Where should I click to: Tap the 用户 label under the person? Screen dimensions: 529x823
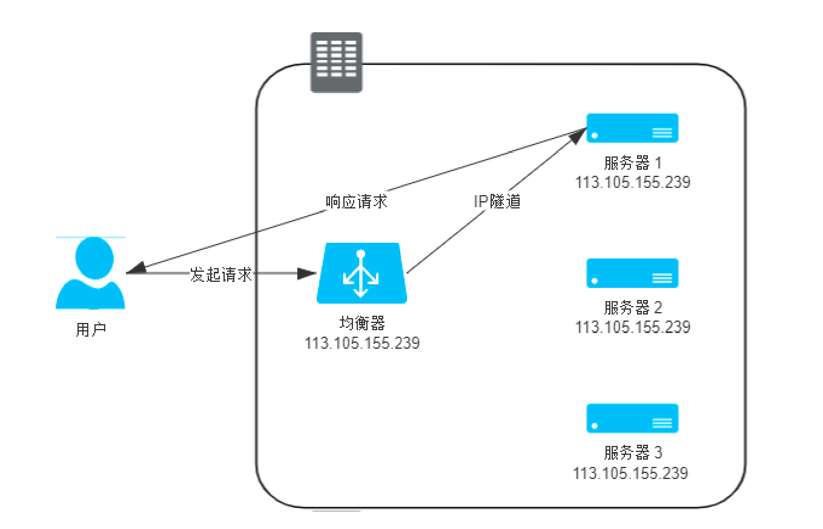click(91, 330)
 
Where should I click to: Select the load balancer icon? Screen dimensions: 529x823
click(361, 273)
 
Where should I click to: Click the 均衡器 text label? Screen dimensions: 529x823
click(362, 323)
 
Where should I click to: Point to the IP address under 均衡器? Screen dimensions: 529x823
click(362, 343)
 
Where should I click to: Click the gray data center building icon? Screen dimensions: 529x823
click(336, 62)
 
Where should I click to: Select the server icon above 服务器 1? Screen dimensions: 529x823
click(632, 128)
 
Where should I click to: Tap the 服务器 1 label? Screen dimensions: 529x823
click(633, 163)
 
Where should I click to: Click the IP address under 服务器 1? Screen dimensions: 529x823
click(633, 182)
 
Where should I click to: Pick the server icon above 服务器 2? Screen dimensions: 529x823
click(632, 273)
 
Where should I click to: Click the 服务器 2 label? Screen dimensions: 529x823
click(633, 308)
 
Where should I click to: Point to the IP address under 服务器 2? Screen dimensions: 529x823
click(633, 327)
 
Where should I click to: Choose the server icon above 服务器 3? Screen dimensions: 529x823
click(632, 419)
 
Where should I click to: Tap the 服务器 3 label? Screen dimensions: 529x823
click(633, 452)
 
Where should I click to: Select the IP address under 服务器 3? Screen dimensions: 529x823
click(630, 473)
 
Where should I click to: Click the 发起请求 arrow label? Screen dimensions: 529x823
click(221, 275)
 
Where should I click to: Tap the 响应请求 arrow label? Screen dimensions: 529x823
click(356, 202)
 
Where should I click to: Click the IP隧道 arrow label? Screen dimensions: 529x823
click(497, 201)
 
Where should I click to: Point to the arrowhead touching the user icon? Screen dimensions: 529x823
click(136, 268)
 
